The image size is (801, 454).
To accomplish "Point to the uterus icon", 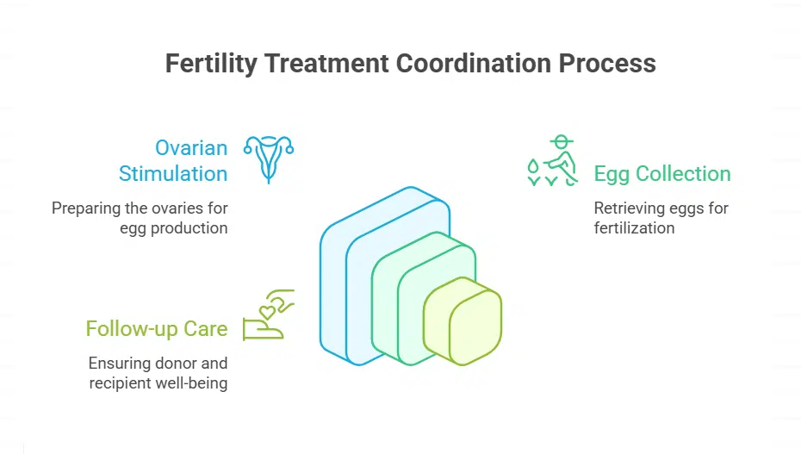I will tap(269, 158).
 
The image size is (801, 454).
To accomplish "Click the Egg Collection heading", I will tap(661, 173).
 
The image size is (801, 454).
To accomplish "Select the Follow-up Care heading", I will tap(157, 328).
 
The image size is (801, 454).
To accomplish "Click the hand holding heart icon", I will tap(269, 316).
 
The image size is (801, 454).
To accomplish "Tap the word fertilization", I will tap(634, 228).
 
